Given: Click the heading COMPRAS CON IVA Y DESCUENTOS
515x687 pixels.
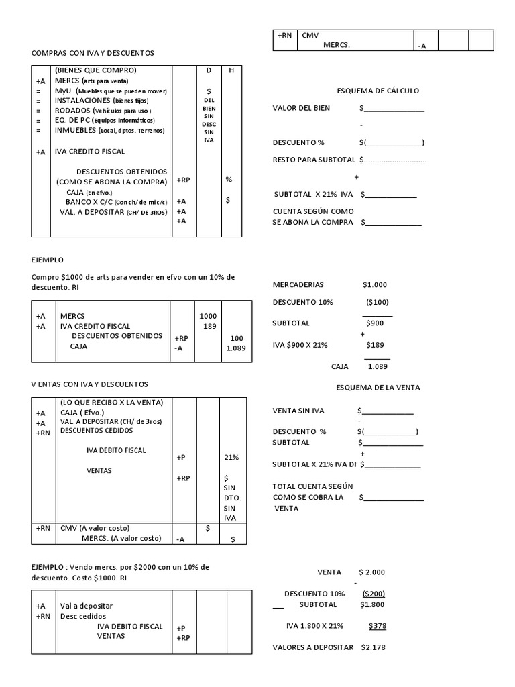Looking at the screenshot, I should (93, 52).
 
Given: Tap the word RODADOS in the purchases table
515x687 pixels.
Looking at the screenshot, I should (72, 110).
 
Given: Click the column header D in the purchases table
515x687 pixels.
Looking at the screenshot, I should (208, 70).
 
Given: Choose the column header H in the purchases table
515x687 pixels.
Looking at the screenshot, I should (231, 70).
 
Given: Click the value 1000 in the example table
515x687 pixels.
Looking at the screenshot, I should (208, 315).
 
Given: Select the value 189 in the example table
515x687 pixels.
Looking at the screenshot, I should (209, 326).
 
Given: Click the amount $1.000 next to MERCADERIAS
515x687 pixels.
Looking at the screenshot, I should (374, 284).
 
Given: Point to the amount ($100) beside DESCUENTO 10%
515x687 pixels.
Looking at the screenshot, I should (377, 302).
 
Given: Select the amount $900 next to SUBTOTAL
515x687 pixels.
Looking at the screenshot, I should (374, 323).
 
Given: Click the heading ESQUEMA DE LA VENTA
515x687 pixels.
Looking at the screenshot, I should (378, 387).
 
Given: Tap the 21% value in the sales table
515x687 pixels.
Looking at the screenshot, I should (231, 457).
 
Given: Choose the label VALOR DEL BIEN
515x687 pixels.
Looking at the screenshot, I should (301, 108).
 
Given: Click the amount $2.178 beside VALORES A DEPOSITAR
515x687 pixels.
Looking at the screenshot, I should (373, 647).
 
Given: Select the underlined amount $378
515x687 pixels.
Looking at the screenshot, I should (377, 625).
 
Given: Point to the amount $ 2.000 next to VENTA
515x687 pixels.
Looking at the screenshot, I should (372, 572).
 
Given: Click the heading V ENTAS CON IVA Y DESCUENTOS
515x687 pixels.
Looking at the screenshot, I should (89, 384).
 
